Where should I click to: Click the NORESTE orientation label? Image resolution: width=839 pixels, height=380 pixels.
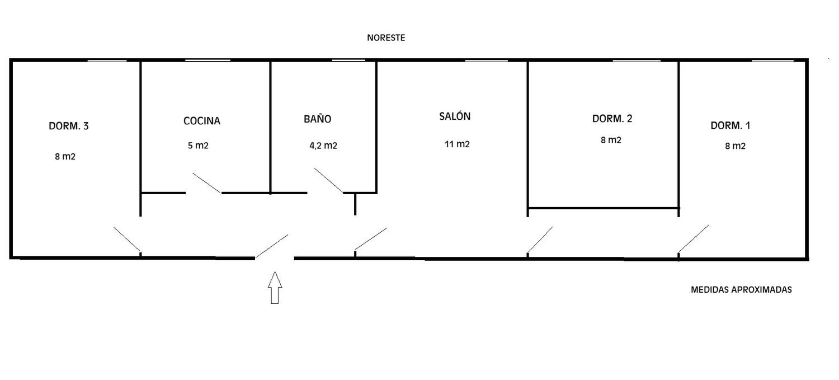click(385, 38)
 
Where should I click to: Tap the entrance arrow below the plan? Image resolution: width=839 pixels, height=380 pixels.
click(275, 288)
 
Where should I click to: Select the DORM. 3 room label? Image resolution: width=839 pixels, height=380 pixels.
click(69, 126)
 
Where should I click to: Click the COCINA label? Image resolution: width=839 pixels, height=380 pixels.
click(202, 120)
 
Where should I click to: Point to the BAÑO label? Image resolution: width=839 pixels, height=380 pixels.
click(318, 119)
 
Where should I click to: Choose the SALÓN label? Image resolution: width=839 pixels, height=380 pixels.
click(455, 116)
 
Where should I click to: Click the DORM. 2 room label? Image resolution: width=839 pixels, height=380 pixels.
click(612, 119)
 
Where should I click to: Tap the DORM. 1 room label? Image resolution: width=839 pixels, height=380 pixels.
click(730, 125)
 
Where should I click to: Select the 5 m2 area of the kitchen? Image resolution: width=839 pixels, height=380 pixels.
click(198, 146)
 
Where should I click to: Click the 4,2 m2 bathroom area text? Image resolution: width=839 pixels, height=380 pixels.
click(323, 146)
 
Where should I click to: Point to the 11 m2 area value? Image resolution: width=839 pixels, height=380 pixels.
click(457, 144)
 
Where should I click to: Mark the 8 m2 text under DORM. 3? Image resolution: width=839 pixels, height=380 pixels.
click(65, 157)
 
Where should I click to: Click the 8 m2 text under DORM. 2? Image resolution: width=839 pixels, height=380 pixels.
click(611, 140)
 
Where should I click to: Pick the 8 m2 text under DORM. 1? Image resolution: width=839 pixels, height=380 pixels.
click(735, 146)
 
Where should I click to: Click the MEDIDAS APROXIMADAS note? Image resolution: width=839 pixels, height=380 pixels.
click(741, 290)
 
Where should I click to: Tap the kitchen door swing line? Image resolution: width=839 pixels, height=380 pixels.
click(207, 183)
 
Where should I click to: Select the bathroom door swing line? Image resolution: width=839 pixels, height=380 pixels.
click(329, 180)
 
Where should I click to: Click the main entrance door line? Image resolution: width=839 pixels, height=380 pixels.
click(272, 246)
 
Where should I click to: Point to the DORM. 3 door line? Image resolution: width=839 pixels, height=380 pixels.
click(127, 240)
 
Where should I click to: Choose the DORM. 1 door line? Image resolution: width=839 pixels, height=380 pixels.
click(694, 239)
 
